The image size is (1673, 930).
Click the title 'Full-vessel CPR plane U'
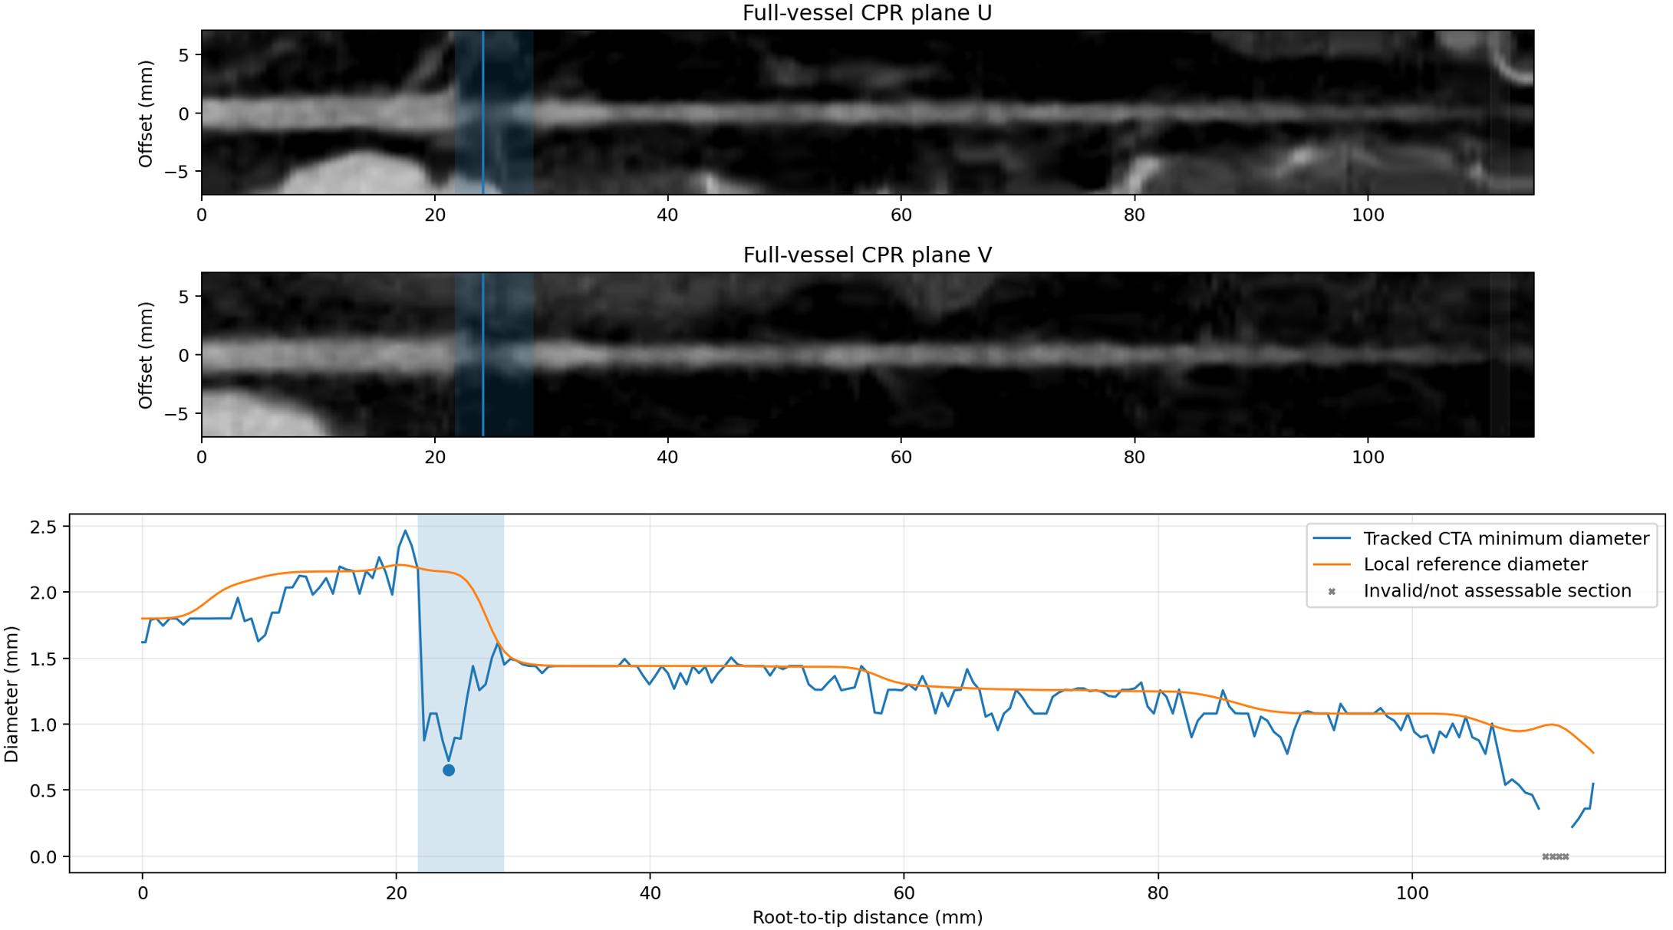tap(867, 13)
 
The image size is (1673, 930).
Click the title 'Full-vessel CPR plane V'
tap(867, 255)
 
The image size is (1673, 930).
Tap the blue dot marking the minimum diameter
tap(449, 770)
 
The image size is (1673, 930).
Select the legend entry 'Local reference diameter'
tap(1475, 564)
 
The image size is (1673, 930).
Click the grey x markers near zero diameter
tap(1556, 856)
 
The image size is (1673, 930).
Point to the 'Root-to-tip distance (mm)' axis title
tap(867, 917)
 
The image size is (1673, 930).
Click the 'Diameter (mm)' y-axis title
tap(11, 694)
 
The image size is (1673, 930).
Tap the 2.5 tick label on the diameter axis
tap(43, 527)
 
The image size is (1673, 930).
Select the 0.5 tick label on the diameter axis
tap(43, 790)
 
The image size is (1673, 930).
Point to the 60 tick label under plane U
tap(901, 215)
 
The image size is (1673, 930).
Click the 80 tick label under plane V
tap(1134, 458)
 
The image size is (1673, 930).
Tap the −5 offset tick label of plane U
tap(176, 172)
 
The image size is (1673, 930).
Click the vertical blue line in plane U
tap(482, 112)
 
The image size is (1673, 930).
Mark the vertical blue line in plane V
tap(482, 354)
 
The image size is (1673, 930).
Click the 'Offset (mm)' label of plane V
tap(146, 355)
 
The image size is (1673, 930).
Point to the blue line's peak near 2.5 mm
tap(405, 531)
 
